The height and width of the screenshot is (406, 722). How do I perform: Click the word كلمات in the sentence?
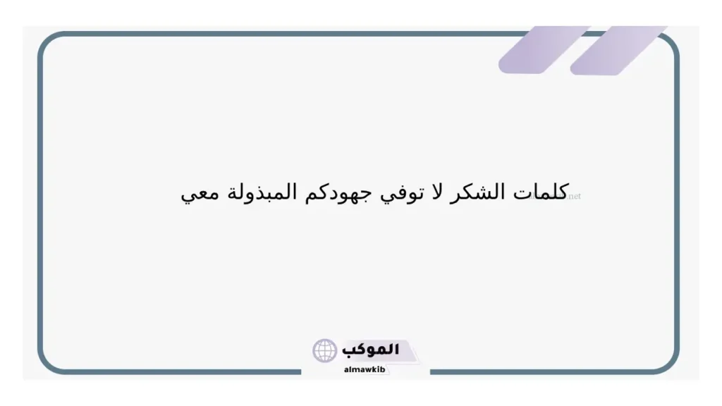541,191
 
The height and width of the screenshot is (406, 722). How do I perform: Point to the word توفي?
401,193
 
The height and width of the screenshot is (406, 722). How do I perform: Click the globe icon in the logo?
324,351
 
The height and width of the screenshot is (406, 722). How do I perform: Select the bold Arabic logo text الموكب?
370,350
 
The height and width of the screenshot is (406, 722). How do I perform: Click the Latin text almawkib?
365,369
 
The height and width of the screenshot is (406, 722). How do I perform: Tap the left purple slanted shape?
544,50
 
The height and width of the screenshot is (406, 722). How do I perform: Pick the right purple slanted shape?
618,51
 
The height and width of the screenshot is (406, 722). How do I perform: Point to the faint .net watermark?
574,197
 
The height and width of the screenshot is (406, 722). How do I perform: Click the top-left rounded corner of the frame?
46,40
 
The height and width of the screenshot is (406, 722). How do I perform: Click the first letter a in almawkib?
345,370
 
